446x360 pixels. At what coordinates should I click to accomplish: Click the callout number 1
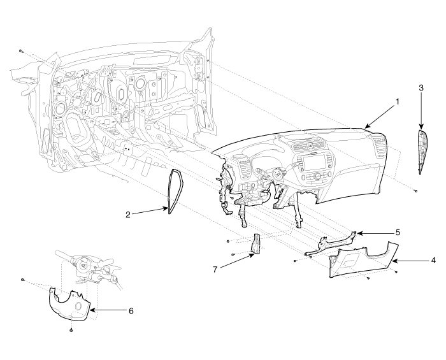(x=398, y=101)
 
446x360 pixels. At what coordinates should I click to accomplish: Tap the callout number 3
(x=421, y=88)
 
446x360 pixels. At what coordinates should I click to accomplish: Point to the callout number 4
(x=433, y=260)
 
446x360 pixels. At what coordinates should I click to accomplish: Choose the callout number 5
(x=398, y=233)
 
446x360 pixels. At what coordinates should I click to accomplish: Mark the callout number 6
(x=131, y=311)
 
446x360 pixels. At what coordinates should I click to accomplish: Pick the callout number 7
(x=215, y=269)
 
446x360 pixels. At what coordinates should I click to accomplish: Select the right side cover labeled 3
(x=422, y=152)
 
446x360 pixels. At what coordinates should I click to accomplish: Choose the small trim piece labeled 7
(x=255, y=243)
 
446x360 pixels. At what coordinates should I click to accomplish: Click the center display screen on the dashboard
(x=313, y=162)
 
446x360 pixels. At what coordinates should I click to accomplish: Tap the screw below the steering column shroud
(x=71, y=330)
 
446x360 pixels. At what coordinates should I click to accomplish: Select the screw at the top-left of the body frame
(x=20, y=51)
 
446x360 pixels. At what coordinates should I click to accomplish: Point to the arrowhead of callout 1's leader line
(x=366, y=127)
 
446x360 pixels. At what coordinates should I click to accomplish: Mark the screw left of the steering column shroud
(x=22, y=280)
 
